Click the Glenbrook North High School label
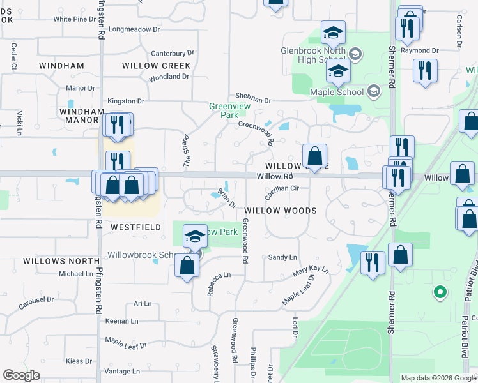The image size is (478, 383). click(313, 55)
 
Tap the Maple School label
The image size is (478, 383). click(336, 92)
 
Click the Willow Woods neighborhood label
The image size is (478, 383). click(281, 210)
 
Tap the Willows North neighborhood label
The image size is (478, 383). click(61, 261)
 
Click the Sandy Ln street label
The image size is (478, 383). click(282, 257)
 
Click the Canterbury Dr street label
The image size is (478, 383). click(172, 53)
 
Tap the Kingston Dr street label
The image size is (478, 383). click(126, 101)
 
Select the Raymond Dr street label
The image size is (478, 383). click(420, 50)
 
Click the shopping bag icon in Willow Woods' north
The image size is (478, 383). click(314, 155)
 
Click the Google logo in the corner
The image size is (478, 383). click(22, 375)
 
